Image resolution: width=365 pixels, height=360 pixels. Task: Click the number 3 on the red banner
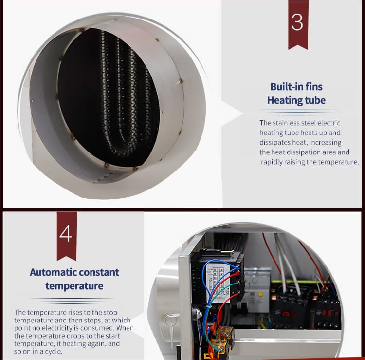298,22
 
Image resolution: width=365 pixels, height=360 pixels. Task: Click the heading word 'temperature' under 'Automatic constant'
74,285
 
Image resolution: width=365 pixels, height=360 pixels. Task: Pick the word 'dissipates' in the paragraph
275,142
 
